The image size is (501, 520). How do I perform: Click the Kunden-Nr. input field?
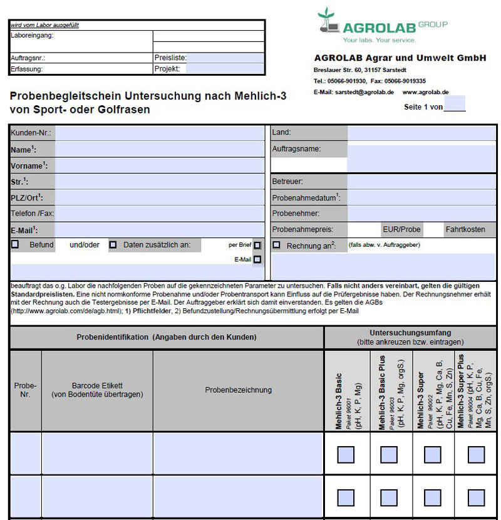point(159,133)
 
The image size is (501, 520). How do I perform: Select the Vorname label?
point(29,166)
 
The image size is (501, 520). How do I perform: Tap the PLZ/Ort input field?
point(159,197)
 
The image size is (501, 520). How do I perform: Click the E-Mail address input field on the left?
point(159,230)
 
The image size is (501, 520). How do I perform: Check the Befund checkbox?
point(15,245)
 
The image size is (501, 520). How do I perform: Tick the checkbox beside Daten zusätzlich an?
point(113,245)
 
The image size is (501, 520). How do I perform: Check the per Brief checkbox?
point(257,246)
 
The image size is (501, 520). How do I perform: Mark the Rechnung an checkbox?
point(276,245)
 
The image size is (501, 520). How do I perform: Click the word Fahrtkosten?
point(465,229)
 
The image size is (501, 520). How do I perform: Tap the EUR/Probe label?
point(401,229)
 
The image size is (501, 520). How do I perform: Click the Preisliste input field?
point(226,58)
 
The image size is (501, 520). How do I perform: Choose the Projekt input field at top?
point(225,69)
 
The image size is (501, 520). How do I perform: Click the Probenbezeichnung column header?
point(238,390)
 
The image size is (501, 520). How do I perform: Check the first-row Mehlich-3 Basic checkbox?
point(346,454)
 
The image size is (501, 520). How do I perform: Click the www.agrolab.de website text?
point(425,92)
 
